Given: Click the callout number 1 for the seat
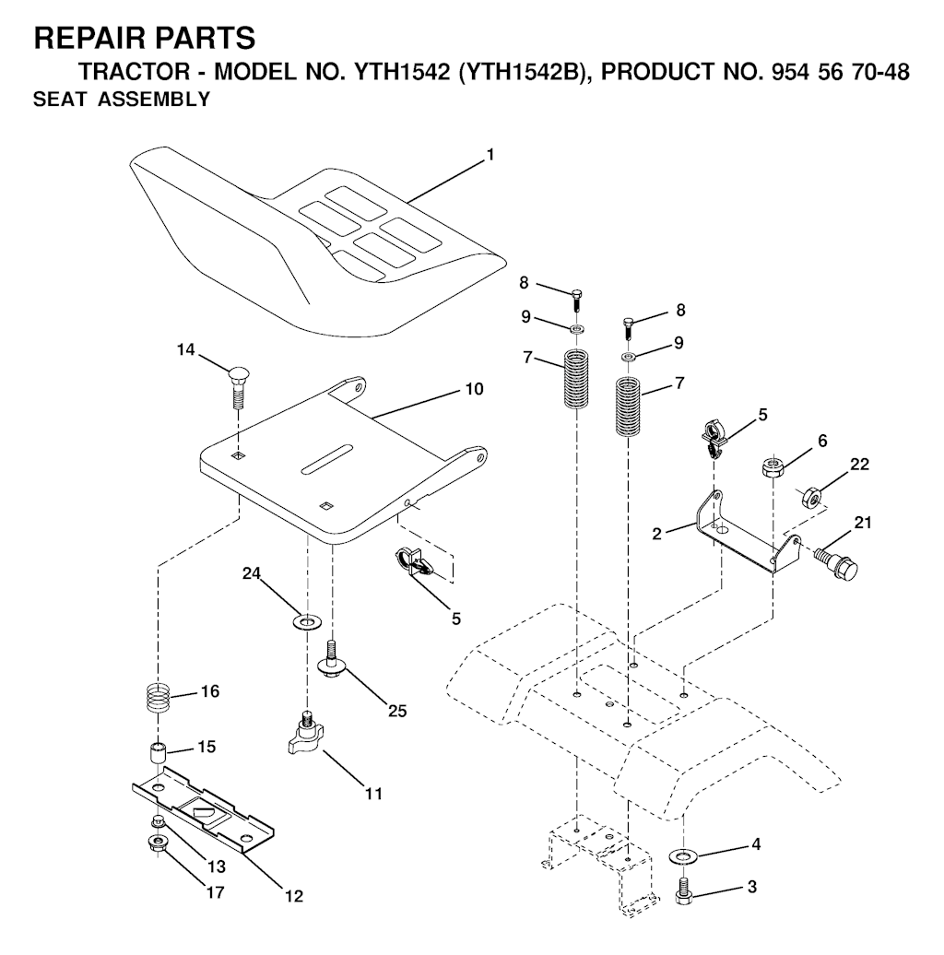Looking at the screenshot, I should click(x=490, y=156).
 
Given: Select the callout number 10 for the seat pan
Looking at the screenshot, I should click(x=473, y=390).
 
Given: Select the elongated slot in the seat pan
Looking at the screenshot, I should click(x=327, y=459).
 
